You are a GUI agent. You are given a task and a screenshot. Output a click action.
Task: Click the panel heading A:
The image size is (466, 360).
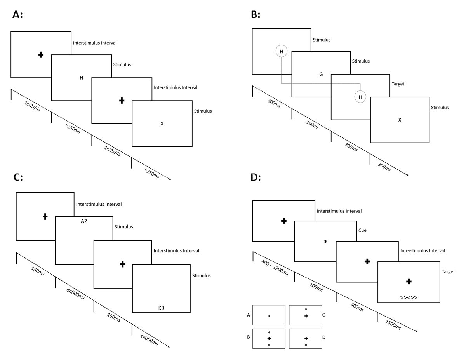pyautogui.click(x=17, y=14)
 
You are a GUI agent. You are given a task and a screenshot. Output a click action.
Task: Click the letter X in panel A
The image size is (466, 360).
pyautogui.click(x=162, y=123)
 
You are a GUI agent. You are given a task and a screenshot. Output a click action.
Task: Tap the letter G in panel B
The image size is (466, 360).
pyautogui.click(x=321, y=74)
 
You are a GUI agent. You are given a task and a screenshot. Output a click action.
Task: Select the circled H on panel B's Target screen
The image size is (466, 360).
pyautogui.click(x=360, y=97)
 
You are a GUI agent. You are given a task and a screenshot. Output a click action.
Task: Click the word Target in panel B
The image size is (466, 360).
pyautogui.click(x=399, y=83)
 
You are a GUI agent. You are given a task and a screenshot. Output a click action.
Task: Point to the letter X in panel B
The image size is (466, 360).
pyautogui.click(x=400, y=120)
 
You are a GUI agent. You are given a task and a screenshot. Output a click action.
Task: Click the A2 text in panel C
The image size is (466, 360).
pyautogui.click(x=84, y=221)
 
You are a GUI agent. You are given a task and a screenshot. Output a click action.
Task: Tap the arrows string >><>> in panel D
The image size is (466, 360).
pyautogui.click(x=409, y=298)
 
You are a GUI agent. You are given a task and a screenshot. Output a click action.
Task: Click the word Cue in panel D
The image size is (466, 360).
pyautogui.click(x=362, y=230)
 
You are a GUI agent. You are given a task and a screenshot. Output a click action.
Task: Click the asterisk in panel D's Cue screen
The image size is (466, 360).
pyautogui.click(x=325, y=242)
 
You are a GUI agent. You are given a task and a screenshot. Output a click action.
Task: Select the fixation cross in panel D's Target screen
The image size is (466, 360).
pyautogui.click(x=409, y=282)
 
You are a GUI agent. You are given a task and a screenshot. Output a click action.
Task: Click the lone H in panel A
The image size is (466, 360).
pyautogui.click(x=81, y=78)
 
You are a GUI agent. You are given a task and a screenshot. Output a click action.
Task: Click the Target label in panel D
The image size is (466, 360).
pyautogui.click(x=448, y=272)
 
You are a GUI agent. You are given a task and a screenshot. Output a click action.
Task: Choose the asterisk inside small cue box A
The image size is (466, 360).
pyautogui.click(x=269, y=317)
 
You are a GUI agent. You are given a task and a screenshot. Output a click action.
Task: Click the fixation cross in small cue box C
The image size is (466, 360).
pyautogui.click(x=306, y=316)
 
